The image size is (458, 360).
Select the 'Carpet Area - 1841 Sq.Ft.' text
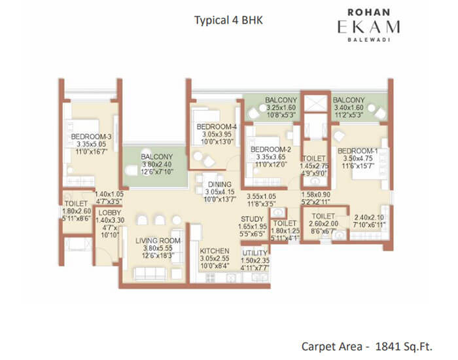[x=371, y=344]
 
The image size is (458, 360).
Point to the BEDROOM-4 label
[x=217, y=126]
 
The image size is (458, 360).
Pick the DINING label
[x=215, y=184]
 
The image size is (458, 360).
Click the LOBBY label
[x=105, y=212]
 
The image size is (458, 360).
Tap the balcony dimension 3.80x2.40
[x=156, y=166]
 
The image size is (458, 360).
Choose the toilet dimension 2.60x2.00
[x=324, y=223]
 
